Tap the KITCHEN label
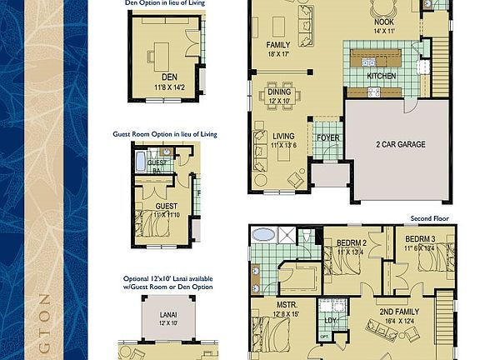[x=382, y=75]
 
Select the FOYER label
[x=327, y=137]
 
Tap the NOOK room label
[x=384, y=22]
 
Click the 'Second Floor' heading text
[x=428, y=218]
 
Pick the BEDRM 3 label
[x=420, y=239]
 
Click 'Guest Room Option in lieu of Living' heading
[x=163, y=133]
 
